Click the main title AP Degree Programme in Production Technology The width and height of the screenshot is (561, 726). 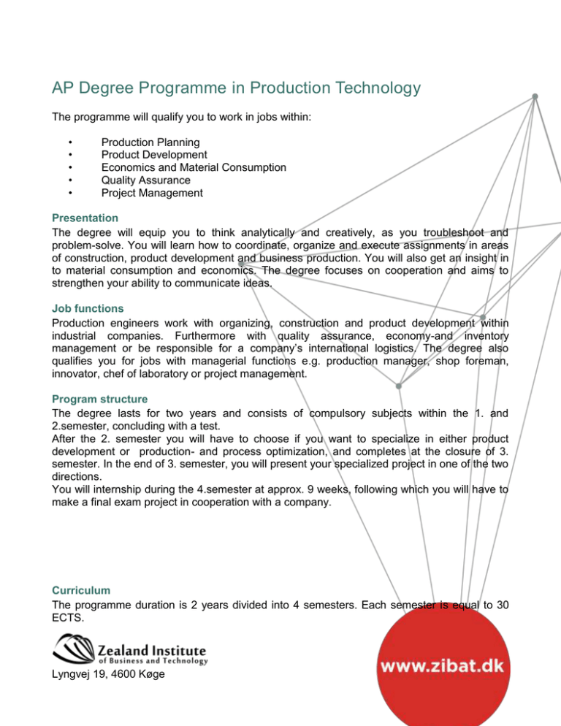click(x=236, y=88)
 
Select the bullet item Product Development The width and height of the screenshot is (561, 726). click(x=153, y=154)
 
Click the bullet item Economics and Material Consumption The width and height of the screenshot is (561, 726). click(x=194, y=167)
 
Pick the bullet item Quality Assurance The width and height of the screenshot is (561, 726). click(x=145, y=180)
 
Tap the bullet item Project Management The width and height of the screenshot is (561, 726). click(x=152, y=194)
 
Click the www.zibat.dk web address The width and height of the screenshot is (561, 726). click(x=445, y=667)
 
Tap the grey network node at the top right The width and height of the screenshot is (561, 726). click(x=535, y=96)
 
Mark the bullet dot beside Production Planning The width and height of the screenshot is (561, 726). click(x=68, y=142)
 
